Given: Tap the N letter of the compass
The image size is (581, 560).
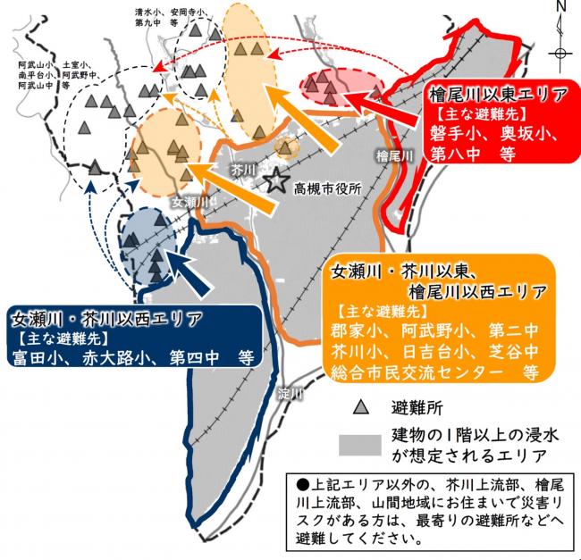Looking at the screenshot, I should (x=560, y=9).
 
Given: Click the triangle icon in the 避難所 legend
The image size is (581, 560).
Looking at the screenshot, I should (x=361, y=408).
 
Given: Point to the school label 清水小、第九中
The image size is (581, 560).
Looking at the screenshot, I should (x=149, y=18).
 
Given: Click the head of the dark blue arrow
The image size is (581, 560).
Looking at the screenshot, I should (x=173, y=258).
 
